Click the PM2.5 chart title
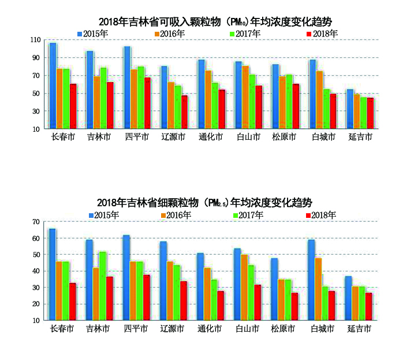[x=205, y=203]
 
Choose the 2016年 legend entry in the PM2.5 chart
[x=176, y=215]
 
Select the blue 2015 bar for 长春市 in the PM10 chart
[x=53, y=86]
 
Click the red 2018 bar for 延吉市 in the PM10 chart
[x=370, y=113]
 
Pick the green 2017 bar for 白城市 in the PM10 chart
[x=326, y=109]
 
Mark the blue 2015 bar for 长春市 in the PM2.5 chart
[x=53, y=274]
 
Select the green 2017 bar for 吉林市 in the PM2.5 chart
[x=103, y=285]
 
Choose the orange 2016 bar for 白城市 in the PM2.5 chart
[x=319, y=288]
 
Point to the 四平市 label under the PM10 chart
[x=137, y=138]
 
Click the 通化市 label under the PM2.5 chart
[x=209, y=328]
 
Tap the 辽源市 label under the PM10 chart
[x=173, y=138]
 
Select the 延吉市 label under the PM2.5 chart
[x=359, y=328]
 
